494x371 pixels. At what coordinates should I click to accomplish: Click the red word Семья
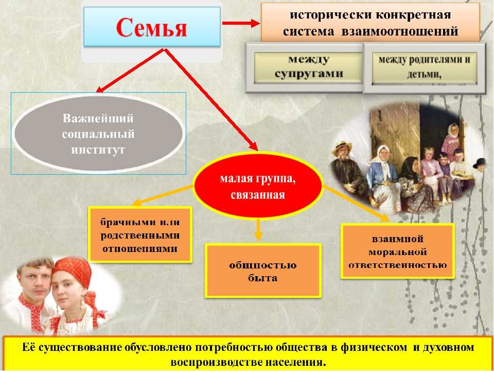(x=151, y=27)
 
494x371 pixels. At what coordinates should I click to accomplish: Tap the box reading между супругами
(x=308, y=68)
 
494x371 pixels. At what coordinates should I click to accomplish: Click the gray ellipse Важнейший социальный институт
(x=98, y=134)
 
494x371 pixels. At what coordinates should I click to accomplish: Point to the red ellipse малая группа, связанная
(x=258, y=186)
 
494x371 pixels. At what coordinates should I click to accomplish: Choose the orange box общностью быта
(x=263, y=271)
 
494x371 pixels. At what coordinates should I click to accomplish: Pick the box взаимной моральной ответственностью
(x=398, y=251)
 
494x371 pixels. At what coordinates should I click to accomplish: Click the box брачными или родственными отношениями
(x=140, y=235)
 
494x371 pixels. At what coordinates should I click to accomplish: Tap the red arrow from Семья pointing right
(x=241, y=23)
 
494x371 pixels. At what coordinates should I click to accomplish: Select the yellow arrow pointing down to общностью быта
(x=258, y=230)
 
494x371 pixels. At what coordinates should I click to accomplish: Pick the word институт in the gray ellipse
(x=98, y=149)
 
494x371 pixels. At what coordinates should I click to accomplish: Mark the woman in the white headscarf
(x=385, y=177)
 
